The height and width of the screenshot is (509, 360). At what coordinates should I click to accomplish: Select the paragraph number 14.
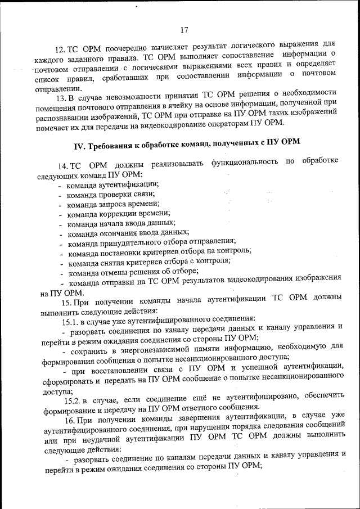coord(63,165)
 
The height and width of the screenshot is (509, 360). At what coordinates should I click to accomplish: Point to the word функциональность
coord(246,163)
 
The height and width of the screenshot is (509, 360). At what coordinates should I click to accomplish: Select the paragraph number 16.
coord(70,421)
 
